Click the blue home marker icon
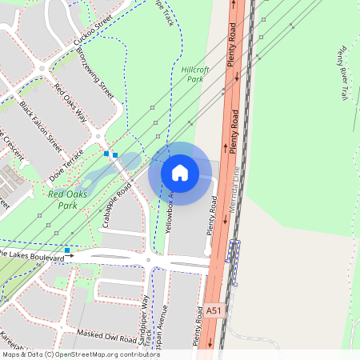[180, 173]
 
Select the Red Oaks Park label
[67, 198]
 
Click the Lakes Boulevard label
[32, 258]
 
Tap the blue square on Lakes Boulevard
[68, 250]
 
